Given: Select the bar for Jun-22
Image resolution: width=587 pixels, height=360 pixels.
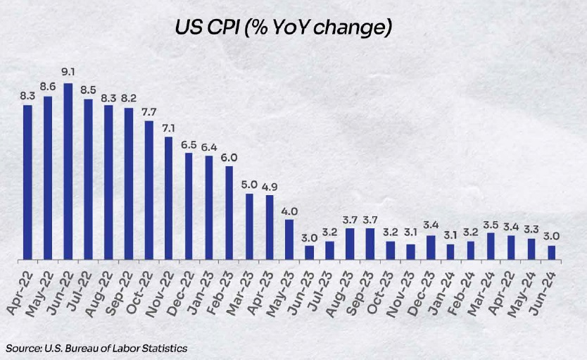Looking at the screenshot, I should [68, 172].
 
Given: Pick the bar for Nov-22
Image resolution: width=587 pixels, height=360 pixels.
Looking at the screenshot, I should [169, 198].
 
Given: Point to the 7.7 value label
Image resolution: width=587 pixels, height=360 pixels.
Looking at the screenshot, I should [149, 112].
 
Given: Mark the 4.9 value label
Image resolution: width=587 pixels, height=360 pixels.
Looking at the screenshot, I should [270, 186].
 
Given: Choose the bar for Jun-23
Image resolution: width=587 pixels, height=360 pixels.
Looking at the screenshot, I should [310, 253].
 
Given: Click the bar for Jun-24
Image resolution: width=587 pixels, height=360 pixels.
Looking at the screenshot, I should [552, 253].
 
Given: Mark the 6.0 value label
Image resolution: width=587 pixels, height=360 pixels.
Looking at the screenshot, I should [229, 157].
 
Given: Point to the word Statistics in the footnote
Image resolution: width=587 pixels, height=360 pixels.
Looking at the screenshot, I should [163, 347].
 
